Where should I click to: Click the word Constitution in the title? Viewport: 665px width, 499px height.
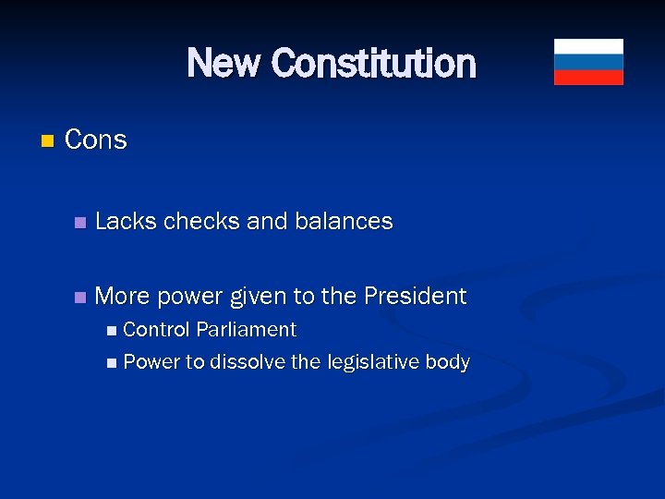point(374,64)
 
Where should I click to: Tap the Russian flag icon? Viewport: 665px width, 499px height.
point(588,62)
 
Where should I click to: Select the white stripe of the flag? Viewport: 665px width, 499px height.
point(588,46)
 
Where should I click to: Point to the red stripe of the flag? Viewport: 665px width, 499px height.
point(588,78)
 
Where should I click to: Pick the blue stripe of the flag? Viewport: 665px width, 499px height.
point(588,62)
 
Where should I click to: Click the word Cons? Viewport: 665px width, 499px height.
point(96,140)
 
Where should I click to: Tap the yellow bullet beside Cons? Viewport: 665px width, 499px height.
point(48,141)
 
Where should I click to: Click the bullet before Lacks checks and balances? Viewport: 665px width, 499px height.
point(79,223)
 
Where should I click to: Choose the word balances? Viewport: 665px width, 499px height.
point(344,222)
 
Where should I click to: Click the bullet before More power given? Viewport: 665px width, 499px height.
point(79,298)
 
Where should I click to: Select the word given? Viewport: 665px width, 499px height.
point(258,298)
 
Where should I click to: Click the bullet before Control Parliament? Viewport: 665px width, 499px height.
point(112,331)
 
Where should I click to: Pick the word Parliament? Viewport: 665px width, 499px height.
point(246,330)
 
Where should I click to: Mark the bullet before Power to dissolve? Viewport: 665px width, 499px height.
point(112,363)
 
